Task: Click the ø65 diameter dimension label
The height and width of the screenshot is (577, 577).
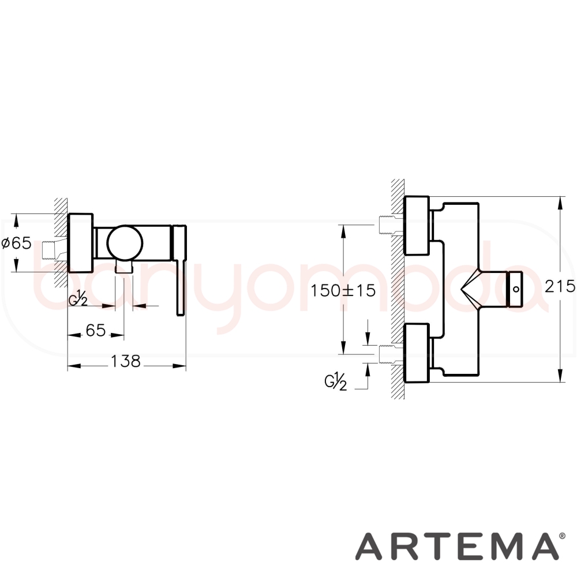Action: coord(17,243)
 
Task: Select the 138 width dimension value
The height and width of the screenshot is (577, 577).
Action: coord(125,361)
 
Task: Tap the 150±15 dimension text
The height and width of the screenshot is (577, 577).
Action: coord(343,291)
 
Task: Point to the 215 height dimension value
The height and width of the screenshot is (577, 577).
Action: coord(560,286)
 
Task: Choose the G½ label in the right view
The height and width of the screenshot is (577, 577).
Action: coord(336,382)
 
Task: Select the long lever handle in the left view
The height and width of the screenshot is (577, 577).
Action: coord(180,270)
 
